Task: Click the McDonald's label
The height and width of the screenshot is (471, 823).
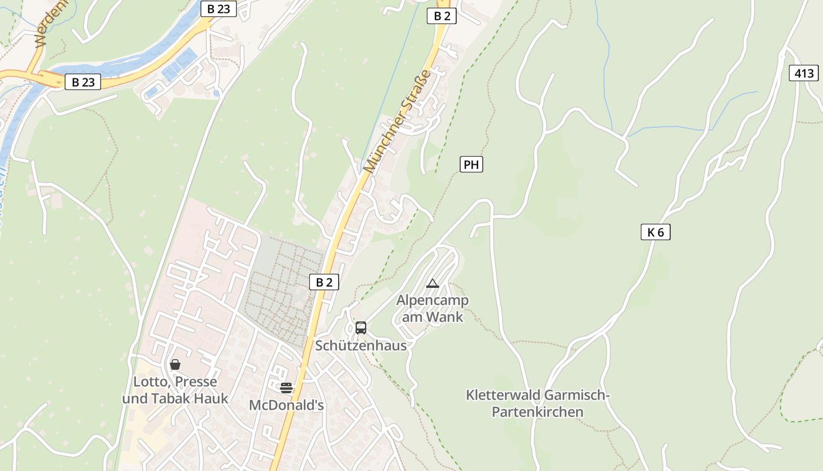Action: pos(286,405)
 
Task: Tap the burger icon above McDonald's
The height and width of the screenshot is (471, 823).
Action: pos(286,387)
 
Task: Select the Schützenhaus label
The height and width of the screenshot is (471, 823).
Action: pos(361,346)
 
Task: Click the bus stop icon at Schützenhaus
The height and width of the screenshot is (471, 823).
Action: pos(361,328)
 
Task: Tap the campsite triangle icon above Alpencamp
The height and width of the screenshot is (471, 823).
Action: pos(433,284)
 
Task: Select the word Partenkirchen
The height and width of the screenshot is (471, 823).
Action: pos(537,412)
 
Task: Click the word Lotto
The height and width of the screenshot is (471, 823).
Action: pos(150,382)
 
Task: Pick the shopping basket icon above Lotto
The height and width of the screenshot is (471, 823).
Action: pos(175,364)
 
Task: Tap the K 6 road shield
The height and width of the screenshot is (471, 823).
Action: pos(655,232)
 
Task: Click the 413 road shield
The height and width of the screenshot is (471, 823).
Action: pos(804,73)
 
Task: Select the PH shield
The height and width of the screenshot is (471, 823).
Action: pos(471,164)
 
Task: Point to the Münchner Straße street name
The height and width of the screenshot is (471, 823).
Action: pos(397,121)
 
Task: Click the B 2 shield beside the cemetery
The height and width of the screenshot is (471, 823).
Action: pos(324,282)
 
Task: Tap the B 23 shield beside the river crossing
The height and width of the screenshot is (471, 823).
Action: pos(83,82)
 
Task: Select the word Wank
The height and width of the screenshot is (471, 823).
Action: pos(445,317)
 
